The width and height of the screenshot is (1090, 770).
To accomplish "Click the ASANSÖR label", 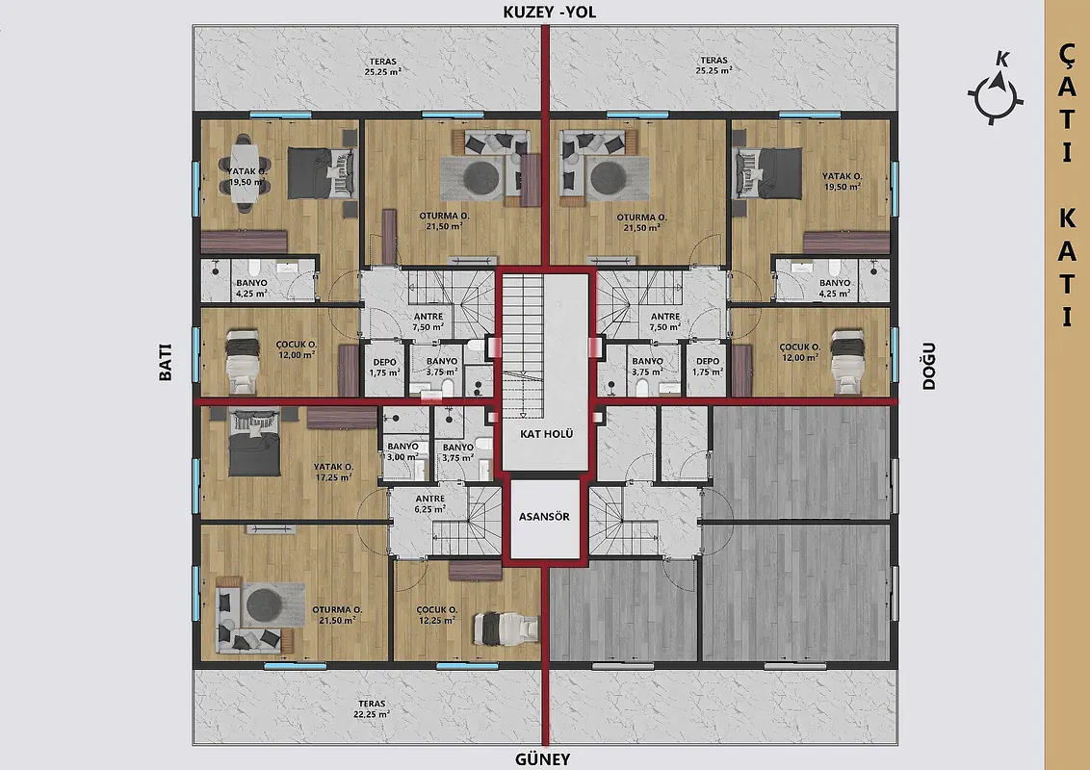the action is pos(544,517).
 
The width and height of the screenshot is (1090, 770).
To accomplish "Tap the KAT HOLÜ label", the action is pos(546,434).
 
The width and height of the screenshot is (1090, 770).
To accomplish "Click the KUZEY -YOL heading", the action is pos(549,13).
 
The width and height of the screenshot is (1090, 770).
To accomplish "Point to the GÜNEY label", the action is pos(542,759).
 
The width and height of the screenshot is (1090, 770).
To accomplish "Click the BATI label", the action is pos(166,362).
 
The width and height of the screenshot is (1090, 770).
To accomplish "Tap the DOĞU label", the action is pos(929,366).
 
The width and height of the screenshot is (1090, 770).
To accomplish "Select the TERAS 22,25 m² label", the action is pos(372,708).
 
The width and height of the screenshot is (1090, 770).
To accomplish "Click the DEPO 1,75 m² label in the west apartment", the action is pos(384,367).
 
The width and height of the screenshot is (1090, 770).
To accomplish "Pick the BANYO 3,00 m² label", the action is pos(403,451).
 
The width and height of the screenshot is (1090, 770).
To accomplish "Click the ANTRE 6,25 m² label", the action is pos(430,503).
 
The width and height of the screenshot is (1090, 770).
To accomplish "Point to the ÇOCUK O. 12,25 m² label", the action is pos(436,615).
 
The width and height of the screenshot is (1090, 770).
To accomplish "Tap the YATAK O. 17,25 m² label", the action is pos(333,472).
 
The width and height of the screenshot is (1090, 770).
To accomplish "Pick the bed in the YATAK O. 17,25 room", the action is pos(254,443).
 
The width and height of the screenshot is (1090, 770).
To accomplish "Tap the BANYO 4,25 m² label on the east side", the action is pos(834,288).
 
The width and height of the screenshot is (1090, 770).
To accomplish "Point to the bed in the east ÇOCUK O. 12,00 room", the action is pos(848,361).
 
